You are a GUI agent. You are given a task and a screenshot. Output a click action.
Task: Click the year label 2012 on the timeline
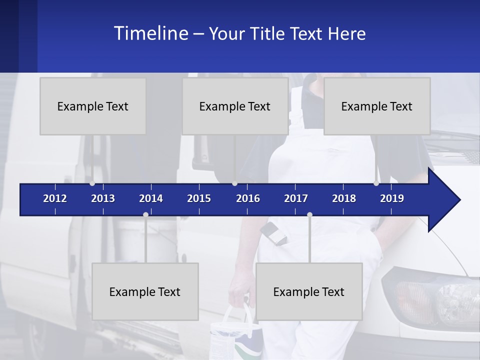pyautogui.click(x=55, y=198)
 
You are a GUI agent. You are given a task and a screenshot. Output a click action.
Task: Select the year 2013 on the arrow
pyautogui.click(x=103, y=198)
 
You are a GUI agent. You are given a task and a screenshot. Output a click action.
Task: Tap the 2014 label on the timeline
pyautogui.click(x=151, y=198)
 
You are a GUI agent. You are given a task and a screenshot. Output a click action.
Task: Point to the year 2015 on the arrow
pyautogui.click(x=199, y=198)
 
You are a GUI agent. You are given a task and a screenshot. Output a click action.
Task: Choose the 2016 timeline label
pyautogui.click(x=248, y=198)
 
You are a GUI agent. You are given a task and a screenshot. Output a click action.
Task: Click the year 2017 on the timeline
pyautogui.click(x=296, y=198)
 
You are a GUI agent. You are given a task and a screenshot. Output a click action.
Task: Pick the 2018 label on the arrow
pyautogui.click(x=344, y=198)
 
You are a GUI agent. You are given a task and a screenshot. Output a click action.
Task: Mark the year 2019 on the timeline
pyautogui.click(x=392, y=198)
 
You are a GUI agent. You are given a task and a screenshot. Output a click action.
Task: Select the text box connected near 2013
pyautogui.click(x=93, y=106)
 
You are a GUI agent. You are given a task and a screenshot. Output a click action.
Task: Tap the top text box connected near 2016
pyautogui.click(x=235, y=106)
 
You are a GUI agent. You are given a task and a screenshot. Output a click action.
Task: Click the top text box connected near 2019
pyautogui.click(x=377, y=106)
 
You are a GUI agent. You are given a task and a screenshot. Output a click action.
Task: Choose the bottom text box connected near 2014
pyautogui.click(x=145, y=291)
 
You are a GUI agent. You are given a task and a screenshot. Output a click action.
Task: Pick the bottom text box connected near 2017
pyautogui.click(x=309, y=291)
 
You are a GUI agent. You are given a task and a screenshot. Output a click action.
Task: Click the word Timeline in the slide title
pyautogui.click(x=150, y=33)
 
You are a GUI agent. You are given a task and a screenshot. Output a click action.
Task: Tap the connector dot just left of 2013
pyautogui.click(x=92, y=183)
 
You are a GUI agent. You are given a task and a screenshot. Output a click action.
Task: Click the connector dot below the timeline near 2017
pyautogui.click(x=309, y=215)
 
